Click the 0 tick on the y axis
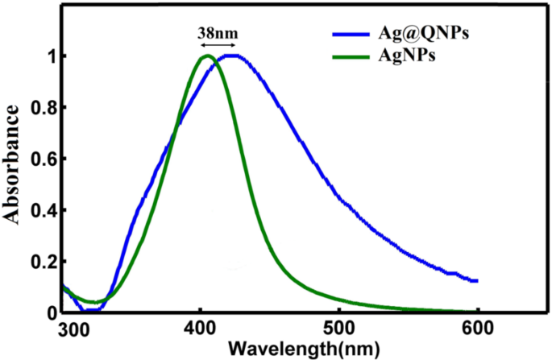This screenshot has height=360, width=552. point(51,312)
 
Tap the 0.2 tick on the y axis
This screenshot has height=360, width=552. point(45,262)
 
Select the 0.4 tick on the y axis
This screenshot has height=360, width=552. point(45,210)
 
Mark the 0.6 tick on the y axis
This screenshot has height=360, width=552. point(45,159)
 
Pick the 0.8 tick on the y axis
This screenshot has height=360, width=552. point(45,108)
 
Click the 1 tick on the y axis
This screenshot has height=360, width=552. point(51,56)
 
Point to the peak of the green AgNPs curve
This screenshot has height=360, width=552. point(205,56)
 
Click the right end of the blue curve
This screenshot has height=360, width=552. point(477,280)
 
